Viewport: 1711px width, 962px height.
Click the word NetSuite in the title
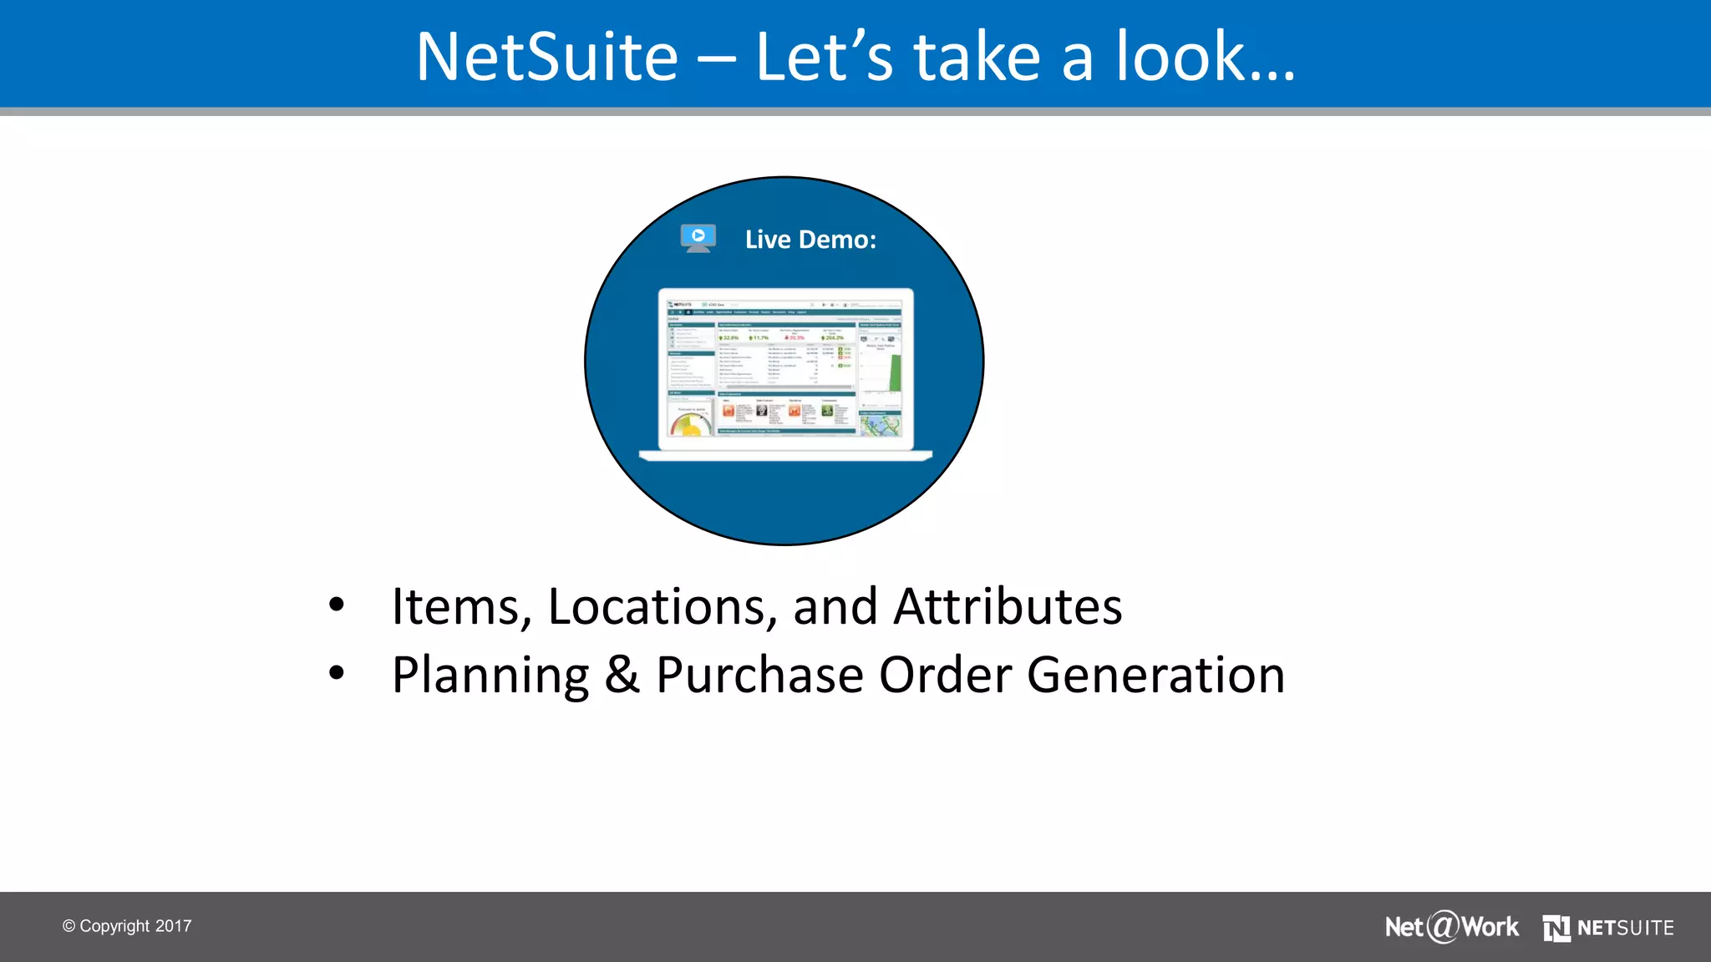pos(547,57)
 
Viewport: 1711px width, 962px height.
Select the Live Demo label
pos(810,240)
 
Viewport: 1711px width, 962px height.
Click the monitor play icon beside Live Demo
pos(698,237)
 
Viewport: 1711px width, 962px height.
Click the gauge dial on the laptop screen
pos(690,423)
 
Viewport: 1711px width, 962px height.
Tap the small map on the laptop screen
pos(881,424)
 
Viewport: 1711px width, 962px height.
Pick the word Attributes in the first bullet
pos(1008,606)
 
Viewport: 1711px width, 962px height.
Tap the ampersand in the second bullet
pos(622,675)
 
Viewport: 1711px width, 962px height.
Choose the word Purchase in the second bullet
pos(759,675)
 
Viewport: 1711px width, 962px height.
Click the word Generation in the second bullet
pos(1155,675)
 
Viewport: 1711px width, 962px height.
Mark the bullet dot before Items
pos(337,605)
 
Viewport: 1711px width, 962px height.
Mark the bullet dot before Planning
pos(337,672)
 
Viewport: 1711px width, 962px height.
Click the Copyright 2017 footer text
pos(127,926)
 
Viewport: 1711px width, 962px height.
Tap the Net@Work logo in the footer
pos(1451,927)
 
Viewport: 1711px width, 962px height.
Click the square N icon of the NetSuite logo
pos(1556,928)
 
